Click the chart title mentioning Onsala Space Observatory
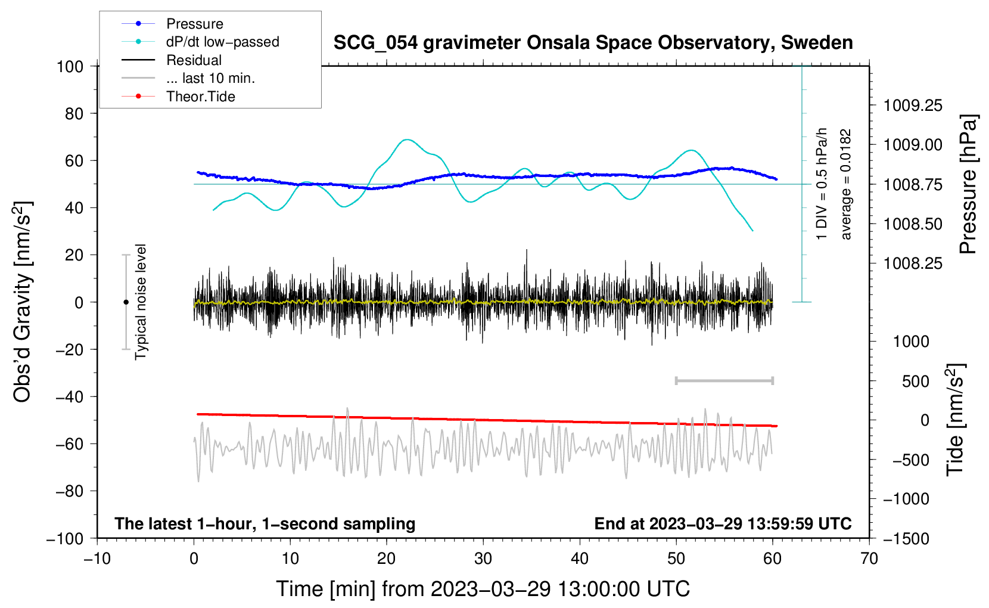coord(593,43)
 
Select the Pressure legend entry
coord(194,24)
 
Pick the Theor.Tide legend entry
coord(200,97)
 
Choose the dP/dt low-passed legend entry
coord(222,42)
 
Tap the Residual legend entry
coord(194,60)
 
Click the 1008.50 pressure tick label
coord(913,224)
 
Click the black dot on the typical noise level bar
coord(126,302)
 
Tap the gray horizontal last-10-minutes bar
coord(724,380)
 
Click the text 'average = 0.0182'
coord(846,185)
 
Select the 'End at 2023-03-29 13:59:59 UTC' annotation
coord(723,523)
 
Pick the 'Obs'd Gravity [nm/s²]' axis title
coord(22,302)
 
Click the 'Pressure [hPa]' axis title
coord(969,185)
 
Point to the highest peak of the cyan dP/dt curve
coord(407,139)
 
